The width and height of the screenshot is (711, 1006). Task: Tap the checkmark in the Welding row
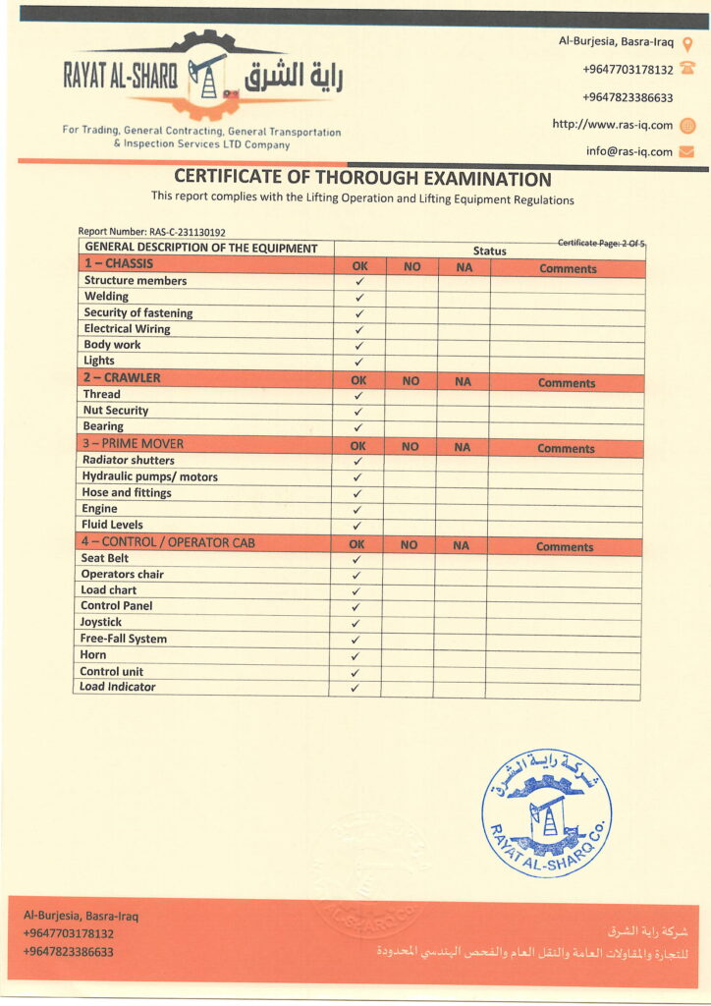359,297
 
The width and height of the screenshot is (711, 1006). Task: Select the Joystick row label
101,622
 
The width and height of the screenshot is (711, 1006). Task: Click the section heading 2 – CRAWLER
122,378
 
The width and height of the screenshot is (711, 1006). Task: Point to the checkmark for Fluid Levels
357,526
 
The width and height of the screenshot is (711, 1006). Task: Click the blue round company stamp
546,811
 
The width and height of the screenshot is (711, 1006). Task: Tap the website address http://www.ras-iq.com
612,125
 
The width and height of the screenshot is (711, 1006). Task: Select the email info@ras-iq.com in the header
629,151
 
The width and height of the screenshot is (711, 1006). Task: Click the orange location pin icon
687,44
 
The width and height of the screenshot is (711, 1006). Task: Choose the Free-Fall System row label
124,639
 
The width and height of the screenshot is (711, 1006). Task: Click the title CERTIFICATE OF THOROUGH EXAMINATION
362,179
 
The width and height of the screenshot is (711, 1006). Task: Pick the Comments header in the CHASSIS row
568,268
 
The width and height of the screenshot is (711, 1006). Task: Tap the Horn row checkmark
355,655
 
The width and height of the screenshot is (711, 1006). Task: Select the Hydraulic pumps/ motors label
150,476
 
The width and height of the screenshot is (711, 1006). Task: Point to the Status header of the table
489,251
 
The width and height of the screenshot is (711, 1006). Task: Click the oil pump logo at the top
206,74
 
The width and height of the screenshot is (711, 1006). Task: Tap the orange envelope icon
687,151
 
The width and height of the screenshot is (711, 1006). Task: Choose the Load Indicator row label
118,687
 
